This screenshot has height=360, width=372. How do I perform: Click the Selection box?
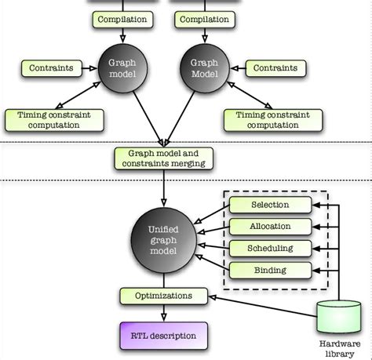[x=270, y=205]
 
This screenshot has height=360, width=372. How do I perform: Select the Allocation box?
[x=270, y=227]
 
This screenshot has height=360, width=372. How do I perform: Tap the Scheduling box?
[x=270, y=248]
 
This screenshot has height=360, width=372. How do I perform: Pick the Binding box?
[x=270, y=270]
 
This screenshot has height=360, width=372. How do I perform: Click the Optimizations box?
[x=164, y=296]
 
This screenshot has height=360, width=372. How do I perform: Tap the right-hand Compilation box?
[x=204, y=20]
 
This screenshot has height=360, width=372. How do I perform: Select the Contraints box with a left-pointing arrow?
[x=275, y=68]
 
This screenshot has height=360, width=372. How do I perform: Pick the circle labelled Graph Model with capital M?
[x=204, y=71]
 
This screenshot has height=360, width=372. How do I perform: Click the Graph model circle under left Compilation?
[x=121, y=71]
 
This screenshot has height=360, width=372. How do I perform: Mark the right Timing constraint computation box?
[x=267, y=120]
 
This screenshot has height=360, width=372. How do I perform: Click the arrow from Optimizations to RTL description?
[x=163, y=313]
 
